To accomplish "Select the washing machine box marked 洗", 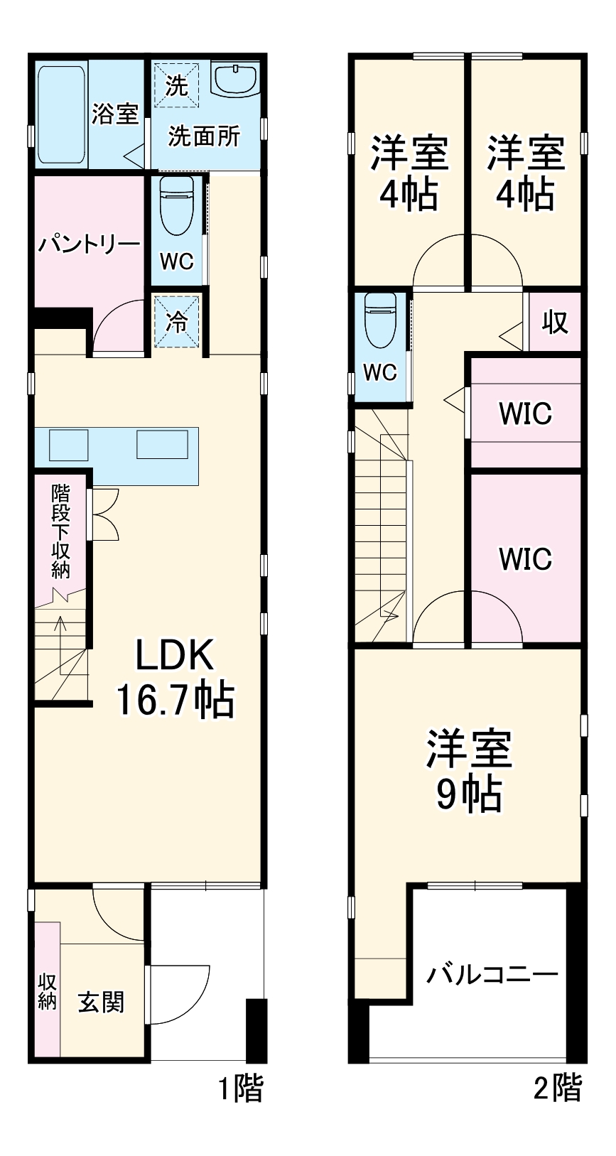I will pos(176,85).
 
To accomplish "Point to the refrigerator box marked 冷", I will pos(177,322).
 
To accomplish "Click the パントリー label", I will pos(89,245).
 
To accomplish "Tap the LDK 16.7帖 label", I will pos(175,677).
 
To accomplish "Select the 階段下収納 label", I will pos(61,529).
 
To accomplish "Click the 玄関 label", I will pos(101,1002).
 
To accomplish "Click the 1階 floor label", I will pos(240,1089).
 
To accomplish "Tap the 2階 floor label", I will pos(558,1089).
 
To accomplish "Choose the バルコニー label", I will pos(492,974).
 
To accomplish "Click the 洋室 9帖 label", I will pos(468,769).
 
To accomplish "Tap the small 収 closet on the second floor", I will pos(555,322).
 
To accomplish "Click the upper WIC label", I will pos(525,414).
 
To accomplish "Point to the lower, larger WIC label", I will pos(525,559).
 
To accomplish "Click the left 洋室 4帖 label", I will pos(409,173).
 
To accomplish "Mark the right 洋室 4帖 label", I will pos(525,173).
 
